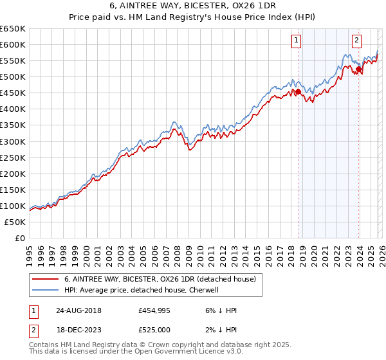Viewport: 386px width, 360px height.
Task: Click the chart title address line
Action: coord(192,7)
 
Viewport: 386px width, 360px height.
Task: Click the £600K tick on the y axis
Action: coord(13,44)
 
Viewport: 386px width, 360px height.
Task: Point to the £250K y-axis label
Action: coord(13,157)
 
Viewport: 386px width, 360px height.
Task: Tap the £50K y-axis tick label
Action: coord(15,222)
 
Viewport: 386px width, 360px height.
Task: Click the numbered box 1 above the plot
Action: coord(296,40)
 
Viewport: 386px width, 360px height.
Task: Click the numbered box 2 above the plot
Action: coord(356,40)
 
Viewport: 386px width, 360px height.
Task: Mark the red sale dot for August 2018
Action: coord(298,92)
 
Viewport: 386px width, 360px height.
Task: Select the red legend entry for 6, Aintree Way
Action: coord(160,279)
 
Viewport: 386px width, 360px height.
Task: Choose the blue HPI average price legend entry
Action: coord(142,291)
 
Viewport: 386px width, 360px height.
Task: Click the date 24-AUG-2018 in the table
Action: coord(78,310)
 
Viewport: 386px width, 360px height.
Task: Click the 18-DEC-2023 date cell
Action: coord(78,330)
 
